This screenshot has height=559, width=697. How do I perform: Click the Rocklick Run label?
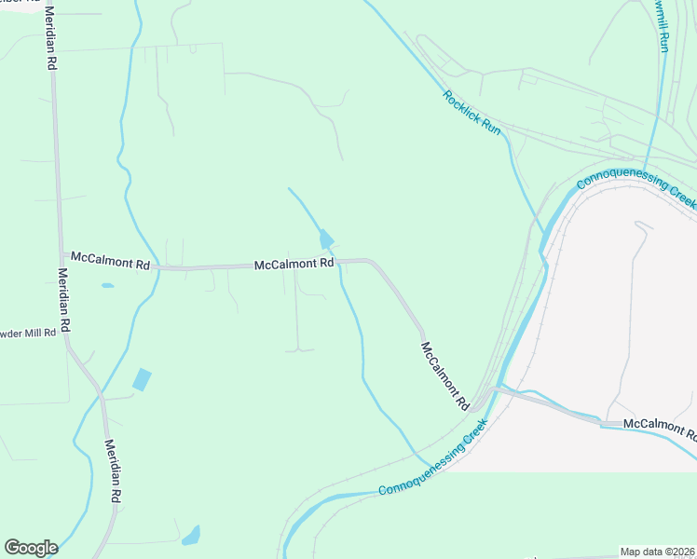point(471,113)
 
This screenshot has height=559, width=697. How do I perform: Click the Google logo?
point(31,548)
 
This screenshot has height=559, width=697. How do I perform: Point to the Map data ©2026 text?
point(658,552)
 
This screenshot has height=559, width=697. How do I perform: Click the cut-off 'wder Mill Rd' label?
point(28,334)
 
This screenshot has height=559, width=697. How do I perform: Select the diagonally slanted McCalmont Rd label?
point(444,376)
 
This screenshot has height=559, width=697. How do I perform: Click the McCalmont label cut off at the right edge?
point(660,428)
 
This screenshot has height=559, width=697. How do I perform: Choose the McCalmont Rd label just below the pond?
point(294,265)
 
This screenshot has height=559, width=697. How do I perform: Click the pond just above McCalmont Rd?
point(326,239)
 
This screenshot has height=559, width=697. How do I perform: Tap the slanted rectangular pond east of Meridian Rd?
point(142,379)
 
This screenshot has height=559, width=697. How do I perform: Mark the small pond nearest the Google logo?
point(191,536)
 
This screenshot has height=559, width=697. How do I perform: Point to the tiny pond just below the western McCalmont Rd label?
point(107,285)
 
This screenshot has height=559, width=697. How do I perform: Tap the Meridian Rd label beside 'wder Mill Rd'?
point(63,302)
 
